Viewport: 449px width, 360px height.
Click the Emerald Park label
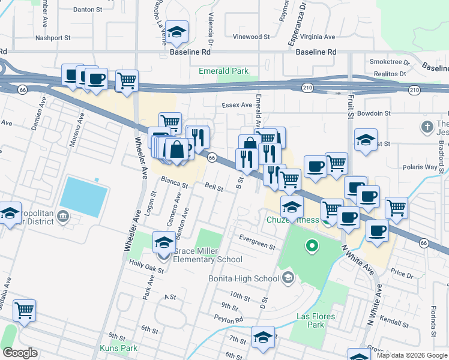223,71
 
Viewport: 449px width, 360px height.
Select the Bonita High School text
243,278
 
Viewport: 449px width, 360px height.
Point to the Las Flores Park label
311,320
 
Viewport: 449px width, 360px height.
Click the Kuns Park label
119,348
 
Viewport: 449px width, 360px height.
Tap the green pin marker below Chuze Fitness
312,245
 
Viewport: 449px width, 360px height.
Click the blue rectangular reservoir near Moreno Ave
84,196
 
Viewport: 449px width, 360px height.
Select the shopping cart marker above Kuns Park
25,311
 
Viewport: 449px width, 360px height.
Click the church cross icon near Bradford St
427,127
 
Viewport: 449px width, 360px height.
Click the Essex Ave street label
238,105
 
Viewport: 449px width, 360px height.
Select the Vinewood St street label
251,37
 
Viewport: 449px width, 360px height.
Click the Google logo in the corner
20,353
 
